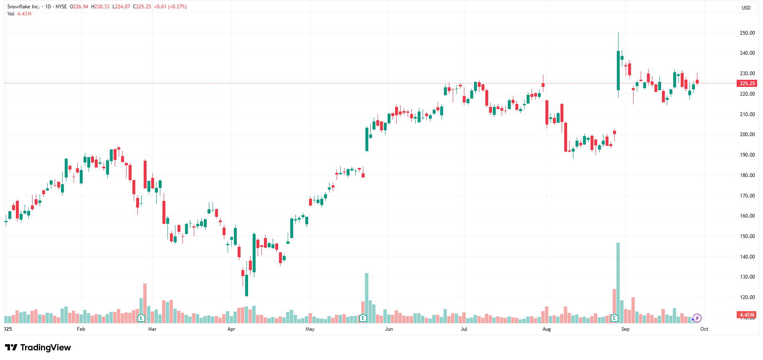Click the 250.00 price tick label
click(747, 33)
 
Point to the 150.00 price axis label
click(747, 236)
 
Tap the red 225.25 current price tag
click(747, 84)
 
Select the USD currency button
click(746, 8)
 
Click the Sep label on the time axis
click(625, 329)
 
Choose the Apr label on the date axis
click(231, 329)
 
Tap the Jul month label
click(464, 329)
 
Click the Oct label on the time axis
click(704, 329)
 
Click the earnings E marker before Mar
click(141, 318)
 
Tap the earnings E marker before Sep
click(614, 318)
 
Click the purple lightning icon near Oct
click(697, 318)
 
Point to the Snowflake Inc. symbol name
click(23, 7)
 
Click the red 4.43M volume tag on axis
click(747, 315)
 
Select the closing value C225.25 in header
click(142, 7)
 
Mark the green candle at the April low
click(246, 285)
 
